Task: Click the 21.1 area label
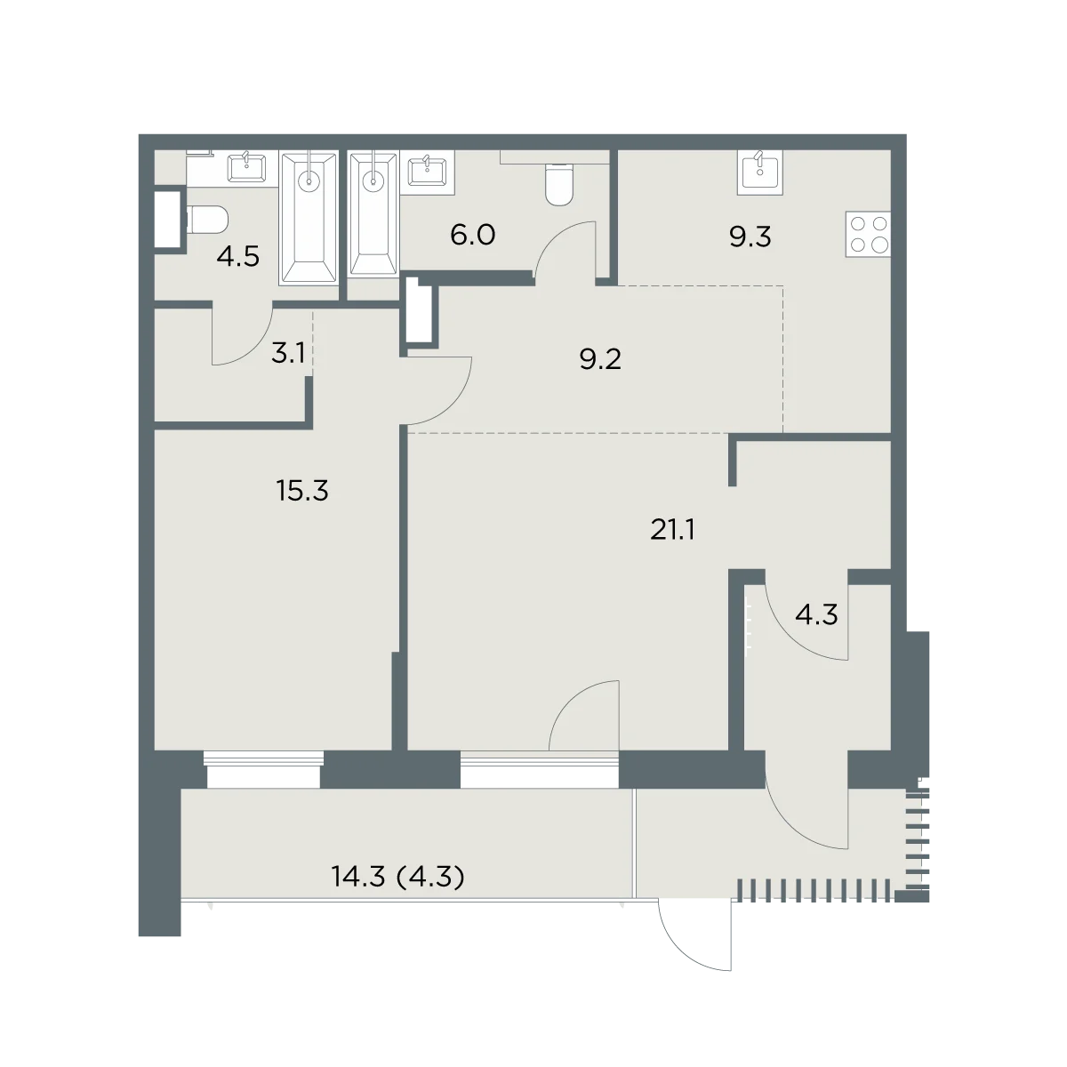[672, 531]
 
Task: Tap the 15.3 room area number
[302, 491]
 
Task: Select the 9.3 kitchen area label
[750, 237]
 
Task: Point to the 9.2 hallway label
[600, 359]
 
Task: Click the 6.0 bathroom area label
[472, 235]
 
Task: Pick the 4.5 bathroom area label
[238, 257]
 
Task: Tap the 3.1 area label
[288, 353]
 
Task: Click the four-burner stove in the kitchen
[868, 234]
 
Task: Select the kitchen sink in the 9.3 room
[760, 172]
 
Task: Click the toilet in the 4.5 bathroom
[207, 220]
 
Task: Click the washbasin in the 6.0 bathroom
[428, 172]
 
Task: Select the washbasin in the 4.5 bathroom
[247, 168]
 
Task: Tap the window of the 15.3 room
[263, 769]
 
